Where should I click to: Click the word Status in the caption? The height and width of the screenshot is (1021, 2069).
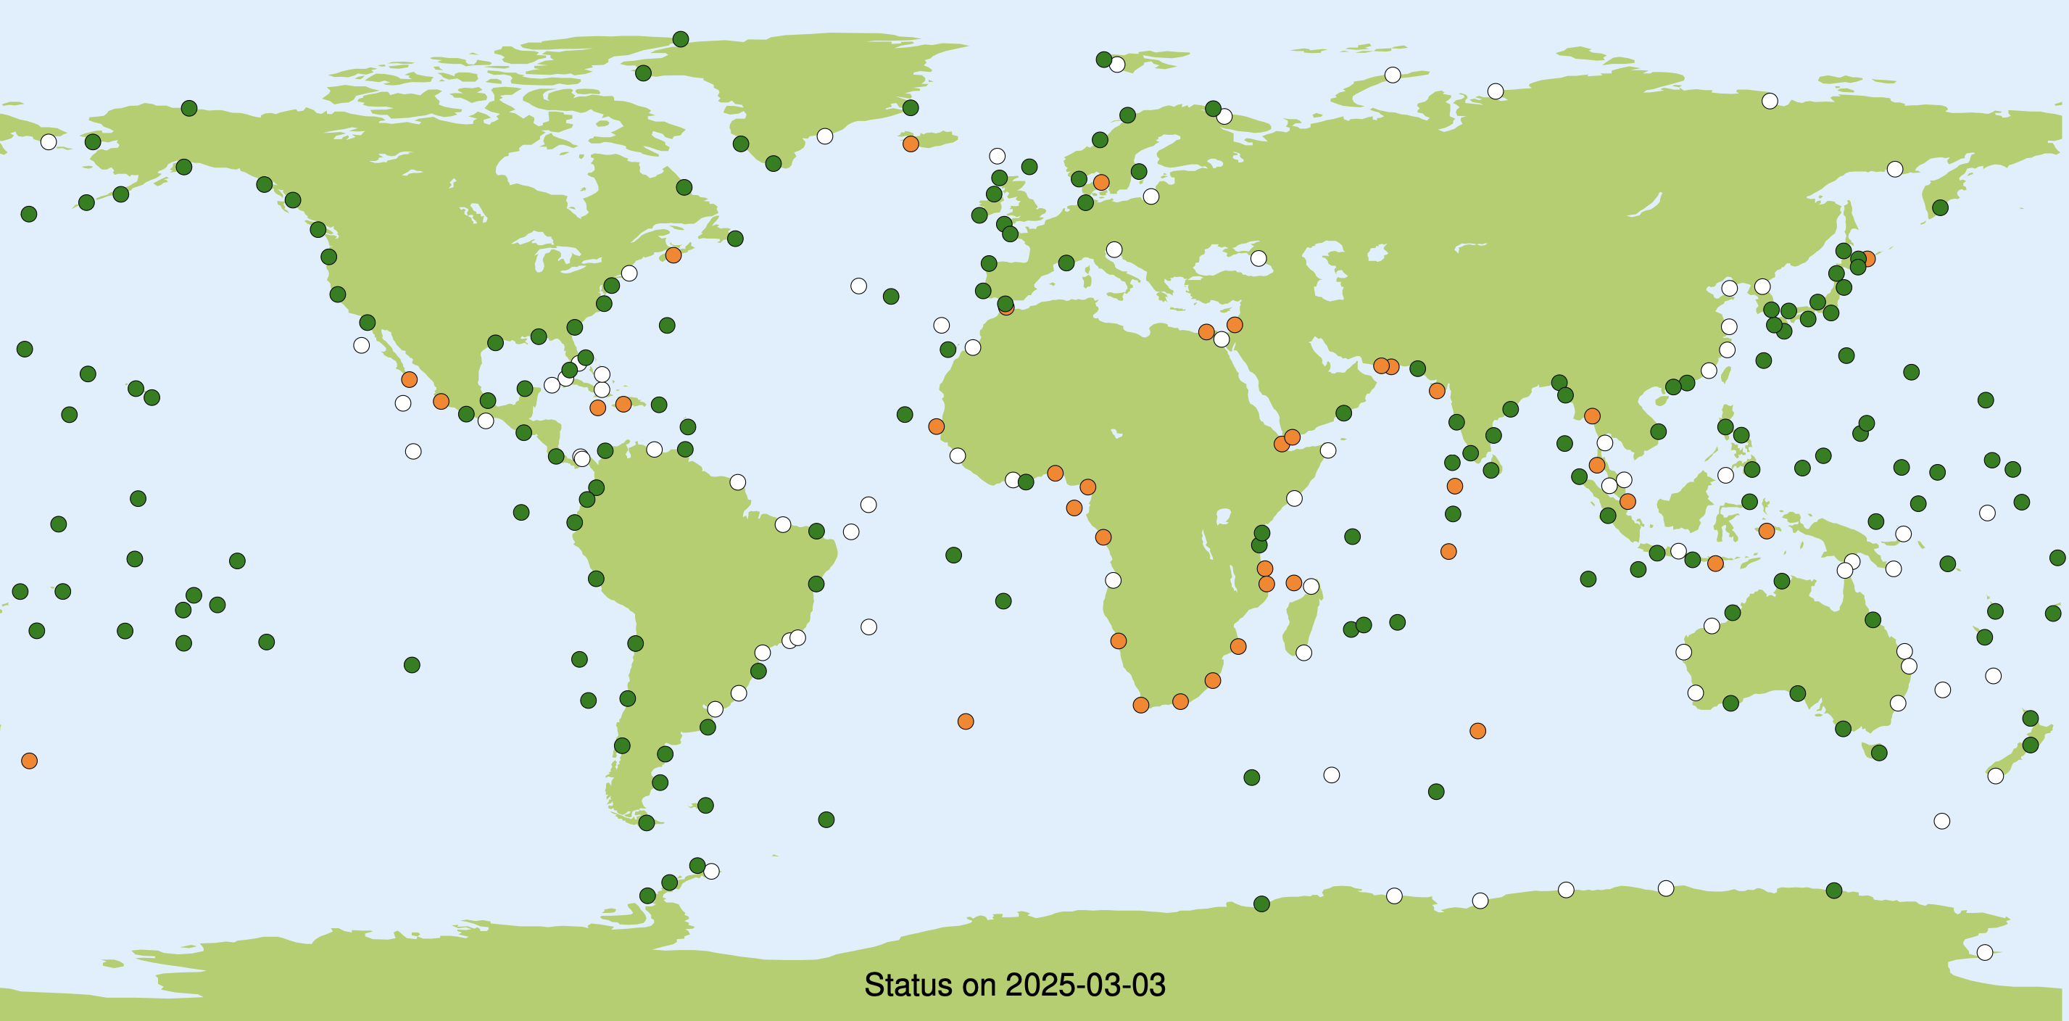click(x=907, y=985)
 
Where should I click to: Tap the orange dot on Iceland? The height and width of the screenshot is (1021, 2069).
click(x=910, y=144)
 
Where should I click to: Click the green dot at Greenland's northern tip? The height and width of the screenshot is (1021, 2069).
click(x=680, y=39)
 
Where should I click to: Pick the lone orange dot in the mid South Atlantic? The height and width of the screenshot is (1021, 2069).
click(x=966, y=722)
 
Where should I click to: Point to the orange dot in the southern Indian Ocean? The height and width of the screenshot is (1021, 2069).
click(x=1477, y=731)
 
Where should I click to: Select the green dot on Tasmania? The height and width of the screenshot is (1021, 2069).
click(x=1878, y=753)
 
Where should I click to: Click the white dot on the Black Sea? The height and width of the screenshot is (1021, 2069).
click(x=1259, y=259)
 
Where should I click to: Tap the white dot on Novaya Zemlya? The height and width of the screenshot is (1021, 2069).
click(x=1393, y=75)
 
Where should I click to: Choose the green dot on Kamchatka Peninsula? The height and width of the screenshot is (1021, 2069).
click(x=1940, y=208)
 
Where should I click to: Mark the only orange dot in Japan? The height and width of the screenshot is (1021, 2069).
click(x=1867, y=259)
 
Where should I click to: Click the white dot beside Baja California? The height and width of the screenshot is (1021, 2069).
click(x=362, y=345)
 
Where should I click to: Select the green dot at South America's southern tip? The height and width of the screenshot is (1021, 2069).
click(x=647, y=822)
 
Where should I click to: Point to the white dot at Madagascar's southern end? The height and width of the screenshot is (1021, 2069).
click(x=1303, y=653)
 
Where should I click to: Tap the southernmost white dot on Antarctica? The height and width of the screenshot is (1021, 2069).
click(x=1985, y=953)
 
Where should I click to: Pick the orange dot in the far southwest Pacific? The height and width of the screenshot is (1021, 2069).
click(x=30, y=761)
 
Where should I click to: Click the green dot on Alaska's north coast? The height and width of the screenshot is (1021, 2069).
click(x=188, y=109)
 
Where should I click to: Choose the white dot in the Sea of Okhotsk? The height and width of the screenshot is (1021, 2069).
click(x=1895, y=169)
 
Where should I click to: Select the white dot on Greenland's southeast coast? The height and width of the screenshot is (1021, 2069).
click(x=825, y=136)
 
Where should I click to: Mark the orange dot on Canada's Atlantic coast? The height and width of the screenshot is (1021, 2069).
click(x=673, y=255)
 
